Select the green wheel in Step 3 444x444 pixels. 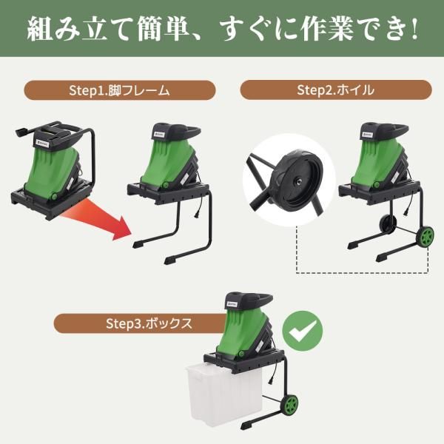[x=291, y=406]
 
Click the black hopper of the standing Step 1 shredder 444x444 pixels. [x=171, y=133]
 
